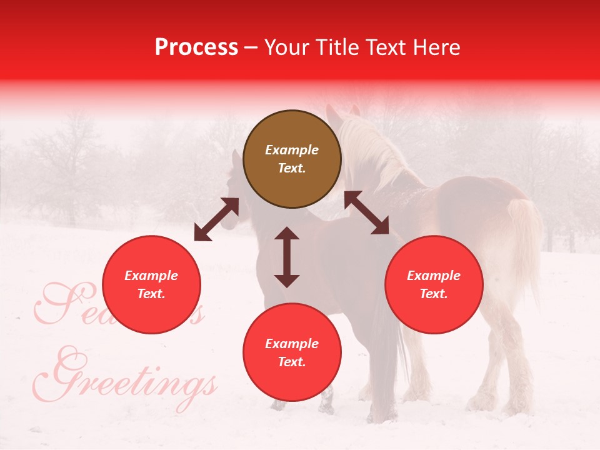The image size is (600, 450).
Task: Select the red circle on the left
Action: tap(151, 284)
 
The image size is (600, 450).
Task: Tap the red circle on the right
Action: tap(434, 284)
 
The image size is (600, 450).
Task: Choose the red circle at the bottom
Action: tap(292, 352)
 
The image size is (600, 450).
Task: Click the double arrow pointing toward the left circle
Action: tap(216, 219)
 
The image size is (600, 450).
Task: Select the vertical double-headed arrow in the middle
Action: tap(287, 257)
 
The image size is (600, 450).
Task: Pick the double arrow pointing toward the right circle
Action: tap(367, 213)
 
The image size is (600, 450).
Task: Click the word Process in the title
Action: tap(196, 47)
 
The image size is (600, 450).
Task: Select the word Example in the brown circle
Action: tap(292, 150)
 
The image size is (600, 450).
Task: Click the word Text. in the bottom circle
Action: tap(292, 362)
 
